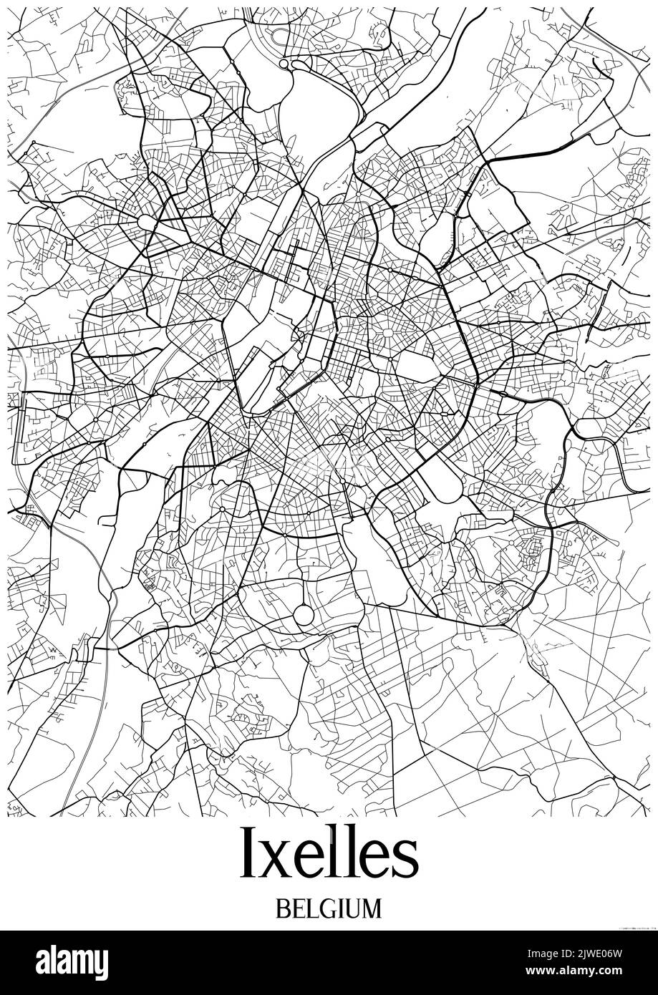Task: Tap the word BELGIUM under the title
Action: (329, 908)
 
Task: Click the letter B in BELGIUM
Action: (281, 908)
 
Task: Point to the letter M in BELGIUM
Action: (372, 908)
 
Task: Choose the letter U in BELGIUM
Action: (352, 908)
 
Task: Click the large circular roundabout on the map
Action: (304, 614)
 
